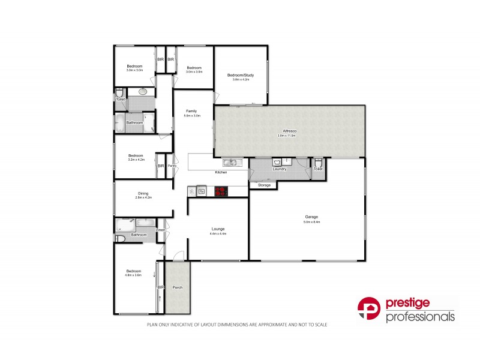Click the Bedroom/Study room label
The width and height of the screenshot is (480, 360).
tap(241, 75)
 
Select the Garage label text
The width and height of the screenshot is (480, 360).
tap(311, 217)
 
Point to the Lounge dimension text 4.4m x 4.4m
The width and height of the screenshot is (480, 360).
tap(218, 233)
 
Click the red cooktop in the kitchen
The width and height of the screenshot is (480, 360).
tap(222, 191)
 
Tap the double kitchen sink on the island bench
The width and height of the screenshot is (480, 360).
tap(231, 162)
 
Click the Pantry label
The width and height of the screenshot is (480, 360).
tap(172, 166)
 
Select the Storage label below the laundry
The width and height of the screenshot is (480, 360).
tap(265, 185)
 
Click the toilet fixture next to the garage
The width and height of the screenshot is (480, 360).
tap(318, 163)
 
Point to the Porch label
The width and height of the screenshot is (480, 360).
tap(178, 287)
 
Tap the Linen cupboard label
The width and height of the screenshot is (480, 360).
tap(161, 230)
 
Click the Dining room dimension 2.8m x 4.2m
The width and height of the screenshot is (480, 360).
tap(143, 197)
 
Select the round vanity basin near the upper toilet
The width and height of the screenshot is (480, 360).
tap(143, 92)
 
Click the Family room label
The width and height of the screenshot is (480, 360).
tap(191, 111)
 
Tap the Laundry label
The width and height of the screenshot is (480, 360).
tap(279, 169)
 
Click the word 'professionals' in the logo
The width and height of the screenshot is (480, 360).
tap(420, 317)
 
